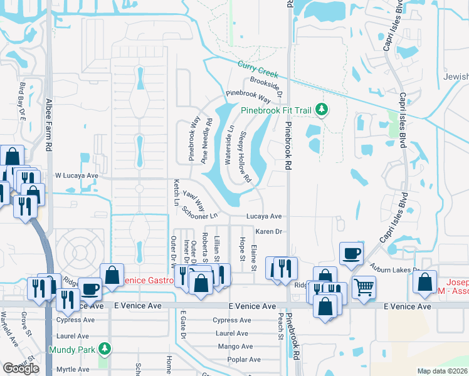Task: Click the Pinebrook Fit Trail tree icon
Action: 322,110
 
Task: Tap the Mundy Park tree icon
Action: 106,348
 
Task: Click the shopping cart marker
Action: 363,286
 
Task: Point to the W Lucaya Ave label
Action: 77,176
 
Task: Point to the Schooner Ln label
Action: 199,212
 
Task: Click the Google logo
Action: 21,368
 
